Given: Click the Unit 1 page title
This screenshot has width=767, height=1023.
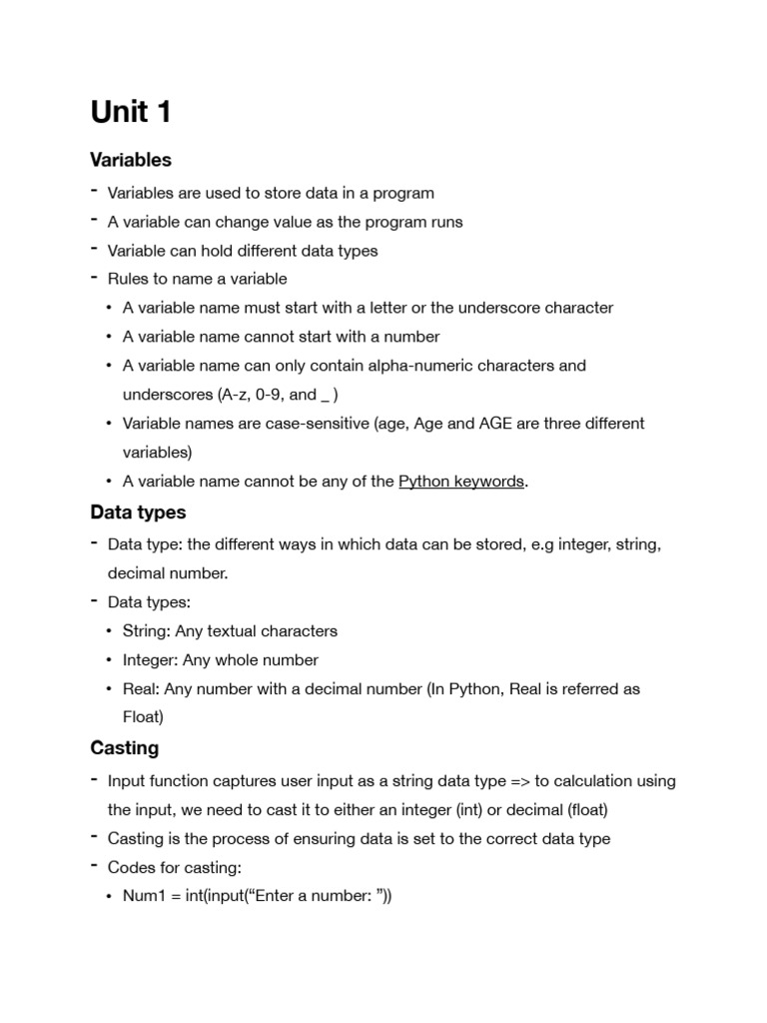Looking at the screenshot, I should coord(131,112).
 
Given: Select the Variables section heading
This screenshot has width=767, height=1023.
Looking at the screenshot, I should coord(131,160).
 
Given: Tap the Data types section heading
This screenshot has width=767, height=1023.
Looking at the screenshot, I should coord(138,512).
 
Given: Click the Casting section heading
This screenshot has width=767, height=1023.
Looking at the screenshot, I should coord(124,747).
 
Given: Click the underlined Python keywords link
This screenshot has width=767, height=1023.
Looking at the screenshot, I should coord(460,482).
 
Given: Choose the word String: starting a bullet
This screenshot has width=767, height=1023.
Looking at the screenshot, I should coord(147,631).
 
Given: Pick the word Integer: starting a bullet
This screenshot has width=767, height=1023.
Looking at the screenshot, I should coord(152,660).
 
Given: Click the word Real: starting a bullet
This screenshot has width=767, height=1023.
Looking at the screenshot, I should coord(141,689).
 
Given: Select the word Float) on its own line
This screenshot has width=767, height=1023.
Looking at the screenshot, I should coord(143,717).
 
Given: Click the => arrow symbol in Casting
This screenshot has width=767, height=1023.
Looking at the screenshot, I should coord(517,781).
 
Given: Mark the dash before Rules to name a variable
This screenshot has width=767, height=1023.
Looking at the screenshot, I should coord(93,278).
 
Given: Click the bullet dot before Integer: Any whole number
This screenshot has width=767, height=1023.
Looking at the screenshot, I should coord(109,660).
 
